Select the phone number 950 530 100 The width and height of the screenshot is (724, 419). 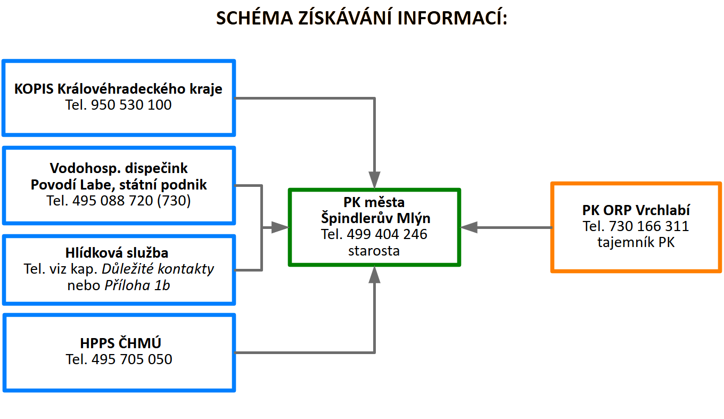pos(131,105)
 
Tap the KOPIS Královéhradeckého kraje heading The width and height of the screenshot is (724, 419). pos(118,88)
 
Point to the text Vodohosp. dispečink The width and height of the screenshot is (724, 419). pos(119,168)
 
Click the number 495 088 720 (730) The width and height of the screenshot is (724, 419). pos(141,201)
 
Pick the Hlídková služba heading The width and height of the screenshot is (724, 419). pos(119,252)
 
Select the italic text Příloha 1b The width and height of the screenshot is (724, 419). pos(136,285)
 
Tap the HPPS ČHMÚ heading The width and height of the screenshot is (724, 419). pos(119,343)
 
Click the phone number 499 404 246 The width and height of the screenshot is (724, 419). pos(387,234)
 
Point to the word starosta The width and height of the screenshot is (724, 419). pos(374,250)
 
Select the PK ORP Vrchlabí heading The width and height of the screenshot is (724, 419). pos(636,210)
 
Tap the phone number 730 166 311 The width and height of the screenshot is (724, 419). pos(648,226)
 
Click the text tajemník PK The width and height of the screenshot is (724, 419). pos(636,243)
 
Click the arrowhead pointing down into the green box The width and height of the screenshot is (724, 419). pos(375,179)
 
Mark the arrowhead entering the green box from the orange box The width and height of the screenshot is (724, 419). pos(468,227)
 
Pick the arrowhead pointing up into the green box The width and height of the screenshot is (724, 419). pos(375,275)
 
